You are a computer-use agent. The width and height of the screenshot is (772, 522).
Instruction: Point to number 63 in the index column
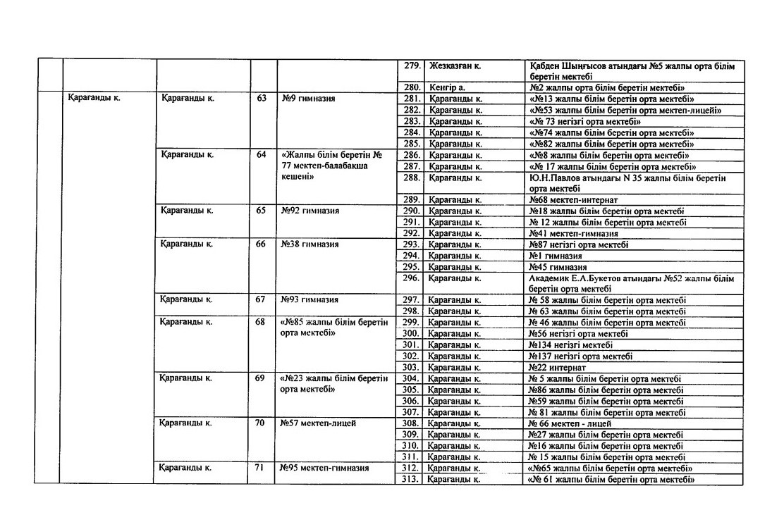[x=262, y=99]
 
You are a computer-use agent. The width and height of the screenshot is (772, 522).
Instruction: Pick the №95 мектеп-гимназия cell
[x=324, y=468]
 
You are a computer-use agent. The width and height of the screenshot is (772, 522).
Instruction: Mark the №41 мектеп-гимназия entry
[x=573, y=233]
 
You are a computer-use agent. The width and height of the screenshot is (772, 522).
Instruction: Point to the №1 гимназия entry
[x=556, y=256]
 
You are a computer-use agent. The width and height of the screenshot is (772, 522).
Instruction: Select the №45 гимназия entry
[x=558, y=267]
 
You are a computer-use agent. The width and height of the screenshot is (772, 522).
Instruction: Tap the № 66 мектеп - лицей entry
[x=569, y=423]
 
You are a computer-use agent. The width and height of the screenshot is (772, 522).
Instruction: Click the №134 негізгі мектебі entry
[x=570, y=344]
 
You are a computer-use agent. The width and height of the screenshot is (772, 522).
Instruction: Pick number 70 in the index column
[x=262, y=423]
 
